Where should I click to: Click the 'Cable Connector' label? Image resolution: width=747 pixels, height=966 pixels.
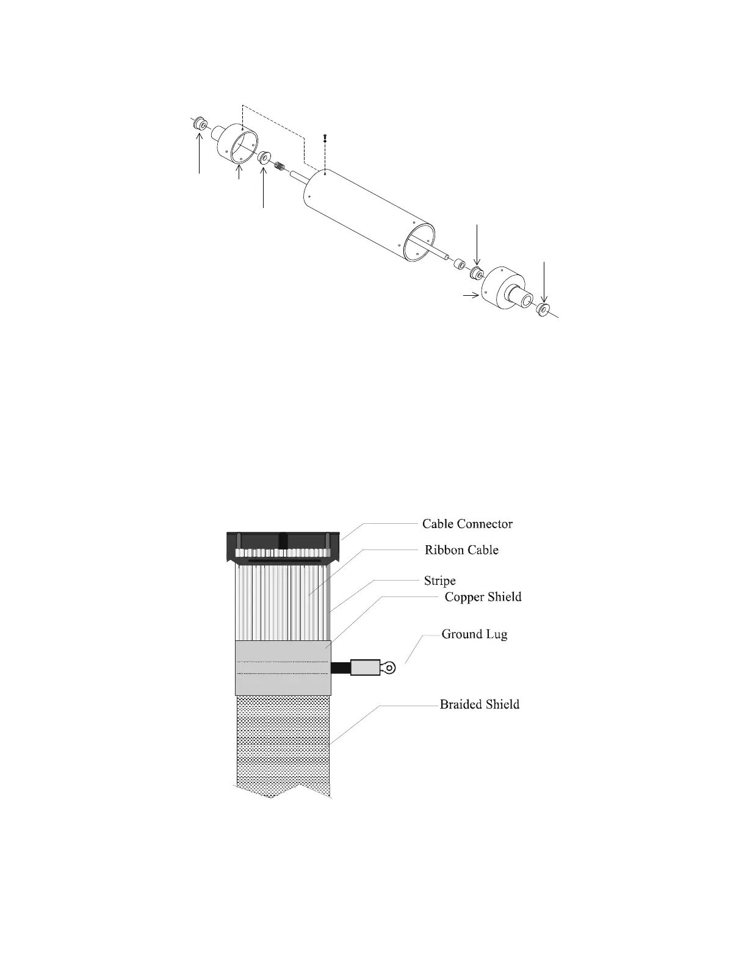pos(467,524)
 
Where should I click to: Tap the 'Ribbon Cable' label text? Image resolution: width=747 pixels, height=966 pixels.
pos(461,550)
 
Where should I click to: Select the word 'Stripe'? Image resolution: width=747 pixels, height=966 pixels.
pos(439,581)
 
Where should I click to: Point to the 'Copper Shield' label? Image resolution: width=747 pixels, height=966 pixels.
pos(483,597)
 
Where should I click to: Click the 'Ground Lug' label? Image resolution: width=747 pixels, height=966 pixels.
pos(474,634)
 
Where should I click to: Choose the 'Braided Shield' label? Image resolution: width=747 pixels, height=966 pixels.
pos(480,705)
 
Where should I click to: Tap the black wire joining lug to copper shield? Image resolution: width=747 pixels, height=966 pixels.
pos(341,668)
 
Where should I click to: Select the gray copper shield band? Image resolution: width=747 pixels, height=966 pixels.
pos(283,668)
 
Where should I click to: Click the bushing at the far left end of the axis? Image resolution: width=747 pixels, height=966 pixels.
pos(200,124)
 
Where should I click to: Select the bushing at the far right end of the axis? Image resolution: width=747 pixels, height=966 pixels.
pos(543,309)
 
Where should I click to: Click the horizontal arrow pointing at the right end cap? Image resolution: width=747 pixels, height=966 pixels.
pos(469,296)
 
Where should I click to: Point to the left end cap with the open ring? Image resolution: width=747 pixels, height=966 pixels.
pos(235,144)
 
